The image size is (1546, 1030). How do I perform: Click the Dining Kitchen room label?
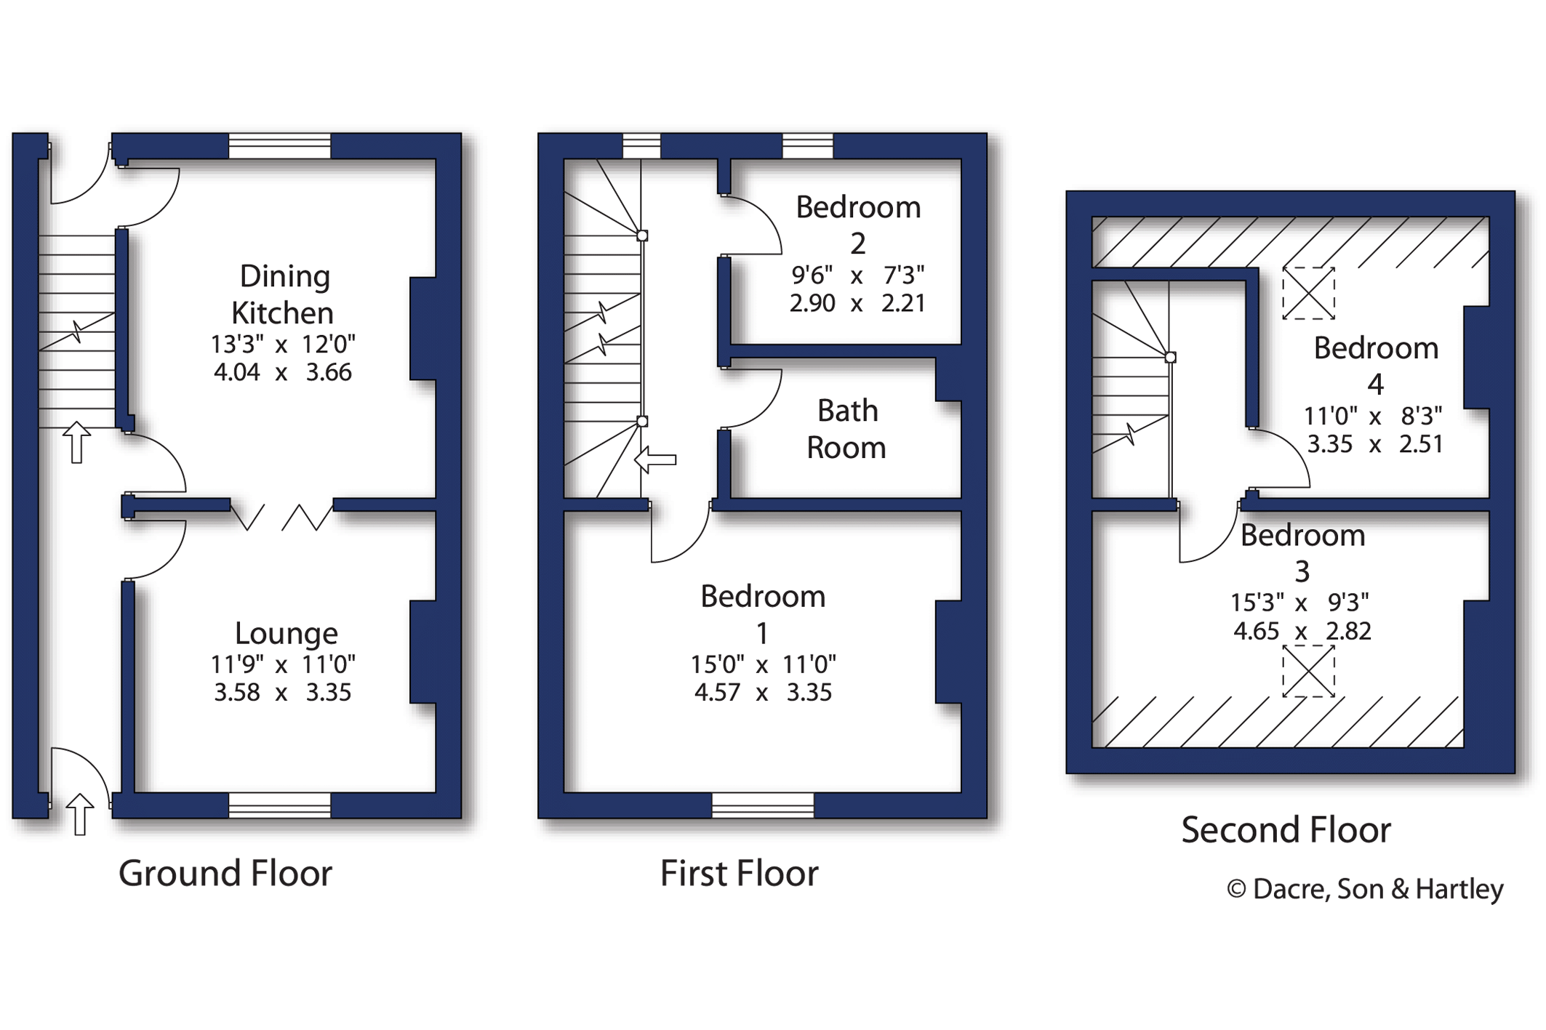coord(283,294)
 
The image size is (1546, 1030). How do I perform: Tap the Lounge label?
coord(286,633)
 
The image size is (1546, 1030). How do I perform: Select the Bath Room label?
coord(847,429)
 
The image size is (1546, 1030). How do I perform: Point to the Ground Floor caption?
coord(225,873)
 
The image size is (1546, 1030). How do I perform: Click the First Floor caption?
coord(739,873)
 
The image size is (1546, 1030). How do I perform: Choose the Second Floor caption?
coord(1286,829)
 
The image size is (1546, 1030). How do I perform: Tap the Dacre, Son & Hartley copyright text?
coord(1365,889)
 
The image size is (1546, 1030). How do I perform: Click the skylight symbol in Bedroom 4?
coord(1308,294)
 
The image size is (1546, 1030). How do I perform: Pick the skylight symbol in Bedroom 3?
coord(1308,671)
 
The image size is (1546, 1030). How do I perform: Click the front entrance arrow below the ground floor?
coord(80,813)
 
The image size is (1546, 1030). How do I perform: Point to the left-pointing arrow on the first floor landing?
coord(655,459)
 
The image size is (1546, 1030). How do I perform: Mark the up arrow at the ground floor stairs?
coord(76,442)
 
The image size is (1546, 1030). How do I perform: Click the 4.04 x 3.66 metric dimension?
coord(283,372)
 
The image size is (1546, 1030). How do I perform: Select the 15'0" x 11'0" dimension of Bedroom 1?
coord(763,664)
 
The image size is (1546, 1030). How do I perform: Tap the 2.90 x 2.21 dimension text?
coord(857,302)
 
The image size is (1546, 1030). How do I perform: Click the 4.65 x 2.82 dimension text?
coord(1302,631)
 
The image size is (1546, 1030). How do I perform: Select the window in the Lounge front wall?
coord(280,805)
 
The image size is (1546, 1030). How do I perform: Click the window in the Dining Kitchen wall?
coord(280,146)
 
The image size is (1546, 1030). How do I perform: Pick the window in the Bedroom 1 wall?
coord(763,805)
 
